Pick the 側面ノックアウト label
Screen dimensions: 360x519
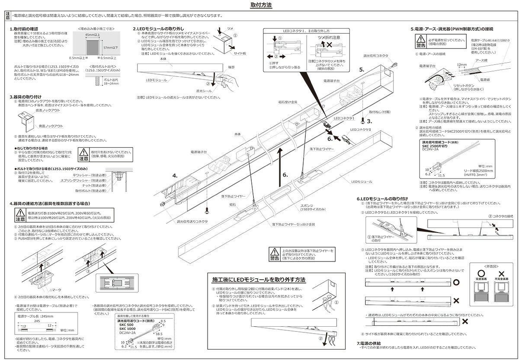51,126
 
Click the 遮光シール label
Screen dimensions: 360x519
203,91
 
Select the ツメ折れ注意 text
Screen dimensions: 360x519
329,38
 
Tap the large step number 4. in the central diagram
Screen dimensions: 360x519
175,175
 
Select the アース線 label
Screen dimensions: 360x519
481,61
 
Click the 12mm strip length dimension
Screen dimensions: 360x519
461,64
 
